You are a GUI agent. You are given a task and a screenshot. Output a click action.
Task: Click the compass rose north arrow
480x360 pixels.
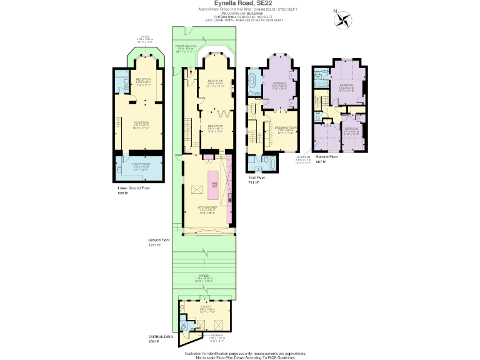coord(342,20)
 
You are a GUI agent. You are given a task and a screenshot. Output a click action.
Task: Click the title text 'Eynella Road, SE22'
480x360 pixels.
coord(240,3)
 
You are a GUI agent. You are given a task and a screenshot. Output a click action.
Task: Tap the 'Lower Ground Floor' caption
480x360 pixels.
coord(133,187)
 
